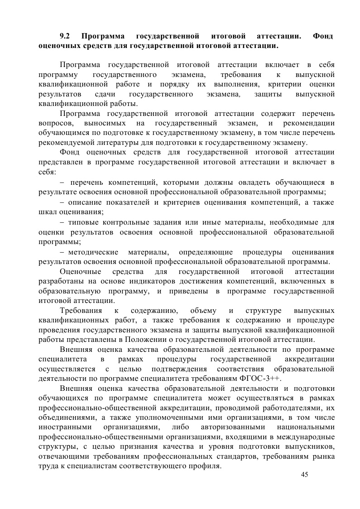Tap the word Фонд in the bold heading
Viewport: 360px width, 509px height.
pyautogui.click(x=323, y=35)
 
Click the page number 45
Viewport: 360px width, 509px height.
pyautogui.click(x=304, y=475)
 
